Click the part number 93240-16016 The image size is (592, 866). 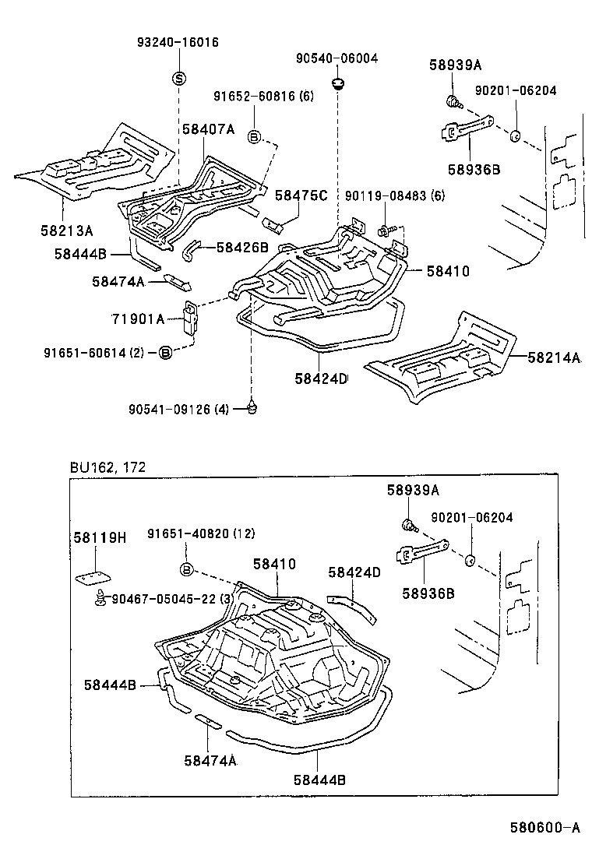[x=178, y=43]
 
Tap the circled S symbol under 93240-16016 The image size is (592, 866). [x=178, y=78]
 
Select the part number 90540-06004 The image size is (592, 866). [x=337, y=58]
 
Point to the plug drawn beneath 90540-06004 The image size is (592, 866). [x=338, y=83]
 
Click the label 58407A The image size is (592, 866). [x=208, y=129]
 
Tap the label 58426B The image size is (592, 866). [x=242, y=248]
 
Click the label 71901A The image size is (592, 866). [x=139, y=319]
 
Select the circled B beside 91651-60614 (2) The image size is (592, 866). [x=164, y=353]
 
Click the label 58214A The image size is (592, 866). [x=555, y=357]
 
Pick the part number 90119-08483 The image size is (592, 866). [x=384, y=196]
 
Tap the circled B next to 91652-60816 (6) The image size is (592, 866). [x=253, y=137]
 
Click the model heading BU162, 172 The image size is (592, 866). [x=107, y=467]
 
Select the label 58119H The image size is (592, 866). [x=99, y=537]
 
